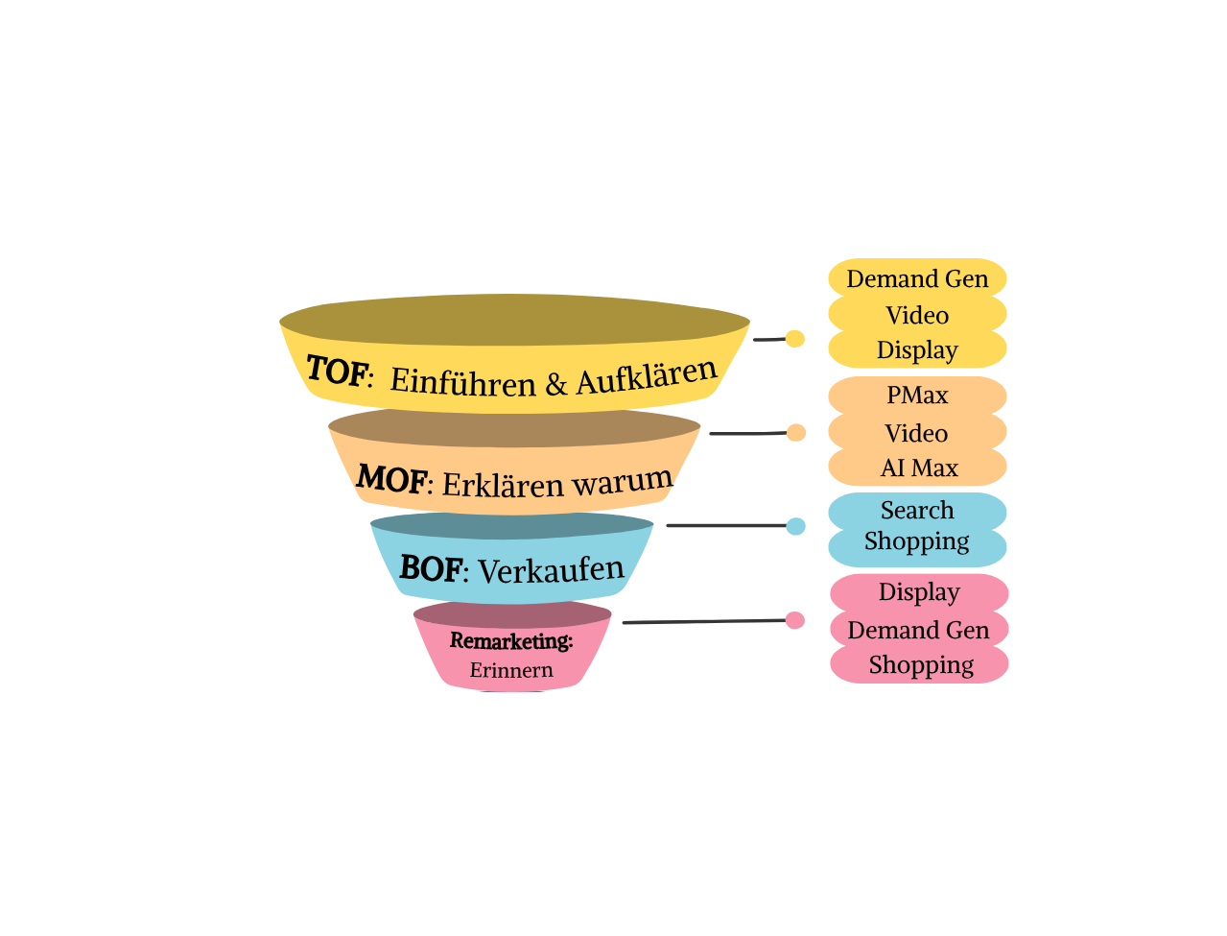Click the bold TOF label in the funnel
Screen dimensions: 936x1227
[337, 371]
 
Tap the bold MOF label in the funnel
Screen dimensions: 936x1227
[391, 477]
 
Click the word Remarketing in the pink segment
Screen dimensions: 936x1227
[511, 640]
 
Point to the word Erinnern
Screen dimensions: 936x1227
[511, 670]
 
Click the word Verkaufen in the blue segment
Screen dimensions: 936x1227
[552, 570]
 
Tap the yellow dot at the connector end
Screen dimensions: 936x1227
[795, 338]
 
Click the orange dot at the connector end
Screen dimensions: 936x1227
[796, 433]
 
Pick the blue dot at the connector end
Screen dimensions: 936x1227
[796, 526]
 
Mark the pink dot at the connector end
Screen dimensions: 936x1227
[795, 620]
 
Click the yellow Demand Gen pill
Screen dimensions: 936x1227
[917, 278]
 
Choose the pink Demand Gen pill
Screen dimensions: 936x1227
[919, 630]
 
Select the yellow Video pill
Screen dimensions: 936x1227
[917, 315]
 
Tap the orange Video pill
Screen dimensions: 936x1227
[917, 433]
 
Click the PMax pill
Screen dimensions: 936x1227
[917, 396]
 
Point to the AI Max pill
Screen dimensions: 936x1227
[919, 468]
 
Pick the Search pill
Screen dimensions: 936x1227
[917, 510]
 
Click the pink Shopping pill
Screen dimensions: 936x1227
[921, 664]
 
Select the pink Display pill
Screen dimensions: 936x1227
[919, 592]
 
